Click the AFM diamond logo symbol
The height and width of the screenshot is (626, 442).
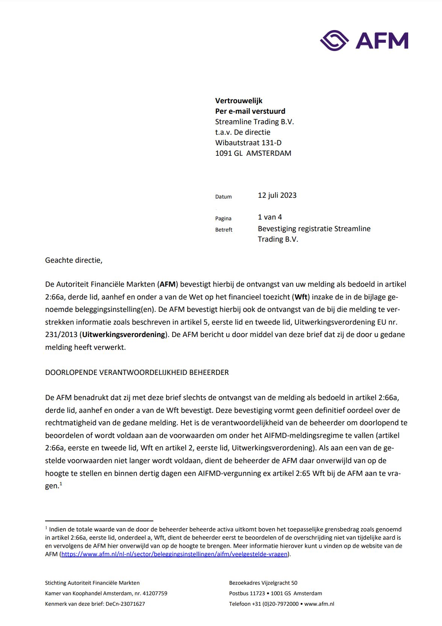[x=334, y=41]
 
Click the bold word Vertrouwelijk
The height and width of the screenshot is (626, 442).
[x=239, y=101]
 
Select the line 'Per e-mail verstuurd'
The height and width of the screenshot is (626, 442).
[x=250, y=111]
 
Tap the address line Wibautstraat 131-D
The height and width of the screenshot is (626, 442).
[x=248, y=143]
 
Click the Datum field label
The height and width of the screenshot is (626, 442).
[x=223, y=197]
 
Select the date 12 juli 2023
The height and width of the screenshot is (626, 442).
[x=277, y=195]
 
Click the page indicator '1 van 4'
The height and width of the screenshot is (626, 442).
[x=269, y=217]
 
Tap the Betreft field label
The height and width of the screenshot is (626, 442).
[x=224, y=230]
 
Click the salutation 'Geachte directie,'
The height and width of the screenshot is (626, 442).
[x=74, y=260]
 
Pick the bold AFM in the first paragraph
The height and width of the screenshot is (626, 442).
[x=167, y=284]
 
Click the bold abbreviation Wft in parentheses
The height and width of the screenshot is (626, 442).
[x=301, y=297]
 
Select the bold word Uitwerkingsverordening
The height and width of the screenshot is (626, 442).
[x=124, y=334]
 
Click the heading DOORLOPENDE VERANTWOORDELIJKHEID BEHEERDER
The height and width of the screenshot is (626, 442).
[x=137, y=373]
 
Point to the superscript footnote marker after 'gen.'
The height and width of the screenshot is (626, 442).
[x=61, y=484]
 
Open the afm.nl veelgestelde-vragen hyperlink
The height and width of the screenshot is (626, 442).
[x=174, y=554]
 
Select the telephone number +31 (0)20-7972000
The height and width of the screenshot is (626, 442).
[x=275, y=604]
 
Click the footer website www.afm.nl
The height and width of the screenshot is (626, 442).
[x=319, y=604]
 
